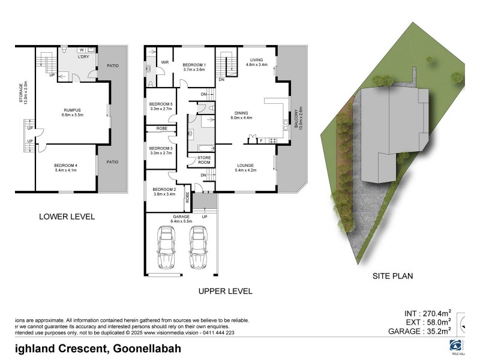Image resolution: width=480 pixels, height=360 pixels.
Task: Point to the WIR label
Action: tap(164, 62)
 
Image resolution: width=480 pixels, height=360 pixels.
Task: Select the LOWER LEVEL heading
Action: tap(67, 217)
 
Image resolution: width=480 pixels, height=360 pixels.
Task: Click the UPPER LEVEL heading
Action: tap(225, 291)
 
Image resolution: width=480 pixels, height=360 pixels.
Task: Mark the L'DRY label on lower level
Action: tap(83, 57)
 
